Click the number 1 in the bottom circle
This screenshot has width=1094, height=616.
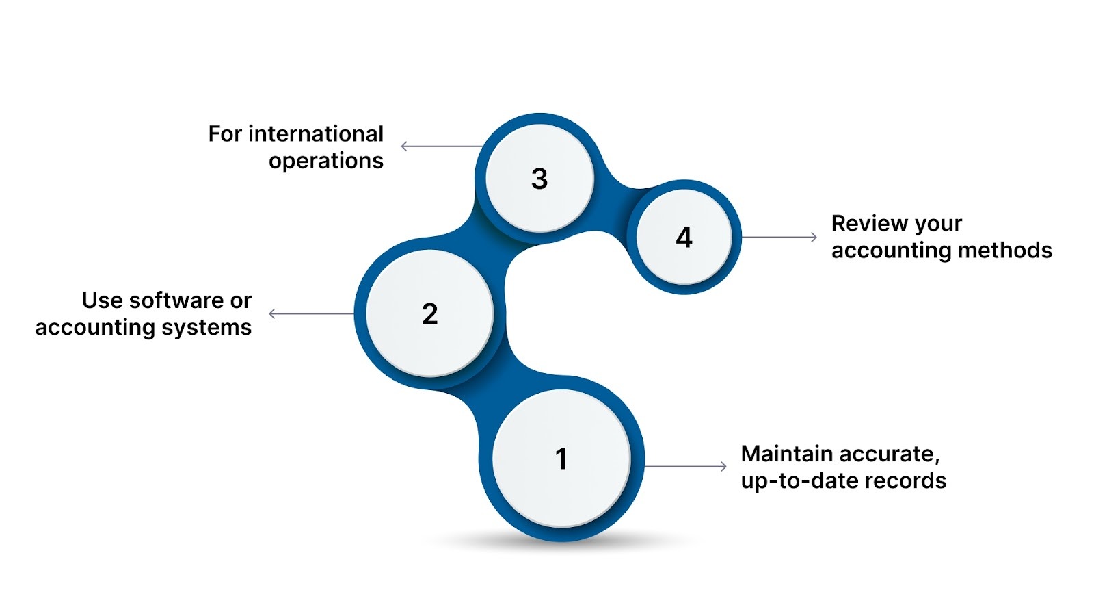click(x=561, y=459)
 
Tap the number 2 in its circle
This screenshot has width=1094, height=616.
click(x=429, y=314)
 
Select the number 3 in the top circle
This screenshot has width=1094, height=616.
click(x=539, y=179)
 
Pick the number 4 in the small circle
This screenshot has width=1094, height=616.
click(x=684, y=238)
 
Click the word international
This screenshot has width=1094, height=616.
click(x=315, y=134)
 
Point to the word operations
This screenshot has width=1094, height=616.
click(x=325, y=162)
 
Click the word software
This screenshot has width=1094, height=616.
click(x=176, y=300)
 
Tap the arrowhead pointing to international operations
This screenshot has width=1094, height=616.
click(x=404, y=146)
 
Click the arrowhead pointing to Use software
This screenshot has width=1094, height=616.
click(x=272, y=314)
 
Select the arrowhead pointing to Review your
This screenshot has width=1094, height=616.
click(x=814, y=238)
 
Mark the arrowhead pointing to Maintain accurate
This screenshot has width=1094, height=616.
click(x=723, y=467)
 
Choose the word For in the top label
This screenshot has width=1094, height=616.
click(x=225, y=134)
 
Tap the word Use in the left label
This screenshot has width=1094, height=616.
click(x=103, y=300)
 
